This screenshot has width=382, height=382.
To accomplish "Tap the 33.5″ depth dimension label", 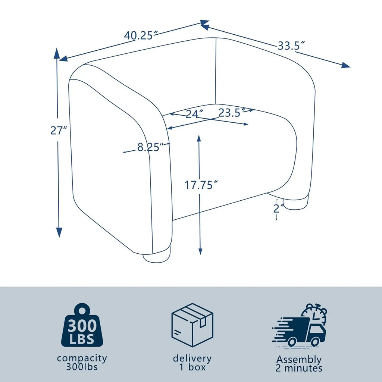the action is pyautogui.click(x=291, y=46).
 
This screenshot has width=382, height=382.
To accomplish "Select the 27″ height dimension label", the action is pyautogui.click(x=59, y=130).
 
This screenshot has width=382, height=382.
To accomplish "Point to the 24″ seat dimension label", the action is pyautogui.click(x=194, y=114).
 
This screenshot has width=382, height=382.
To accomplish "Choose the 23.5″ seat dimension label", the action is pyautogui.click(x=232, y=113).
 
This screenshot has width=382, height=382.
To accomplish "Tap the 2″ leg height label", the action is pyautogui.click(x=279, y=208).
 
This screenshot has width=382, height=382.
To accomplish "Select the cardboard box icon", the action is pyautogui.click(x=192, y=325).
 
